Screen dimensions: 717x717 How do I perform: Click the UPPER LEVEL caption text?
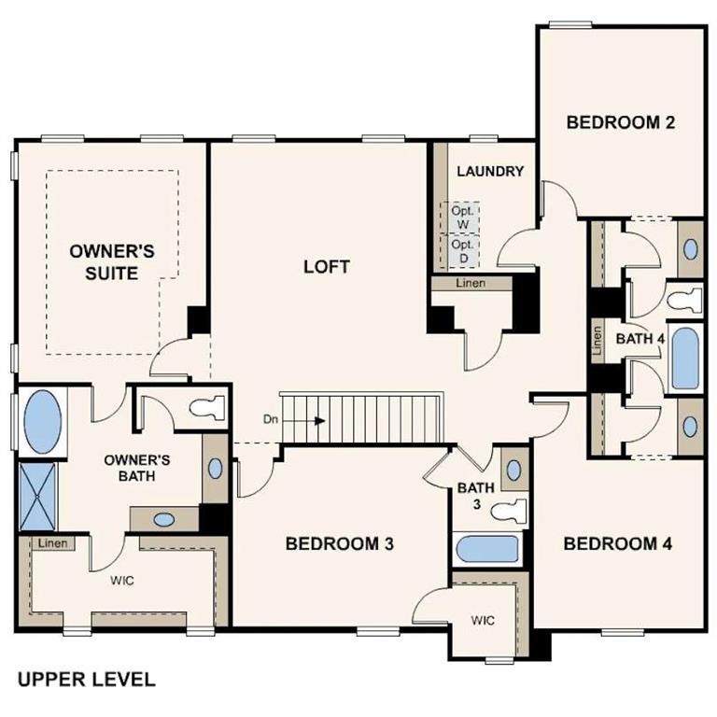(x=85, y=680)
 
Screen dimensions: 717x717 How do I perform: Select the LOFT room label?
(x=327, y=267)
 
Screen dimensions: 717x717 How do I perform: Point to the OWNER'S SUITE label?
(x=111, y=261)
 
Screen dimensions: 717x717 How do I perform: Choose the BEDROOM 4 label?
(x=618, y=543)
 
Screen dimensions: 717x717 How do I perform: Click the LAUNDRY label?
(x=489, y=172)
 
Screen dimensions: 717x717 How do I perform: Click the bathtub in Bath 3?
(x=486, y=549)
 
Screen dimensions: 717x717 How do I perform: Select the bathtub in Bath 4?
(x=684, y=357)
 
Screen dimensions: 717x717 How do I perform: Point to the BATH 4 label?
(x=639, y=339)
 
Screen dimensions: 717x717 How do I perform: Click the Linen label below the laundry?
(x=471, y=283)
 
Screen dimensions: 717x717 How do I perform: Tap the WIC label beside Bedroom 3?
(x=482, y=620)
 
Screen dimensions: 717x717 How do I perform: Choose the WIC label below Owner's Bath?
(x=122, y=580)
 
